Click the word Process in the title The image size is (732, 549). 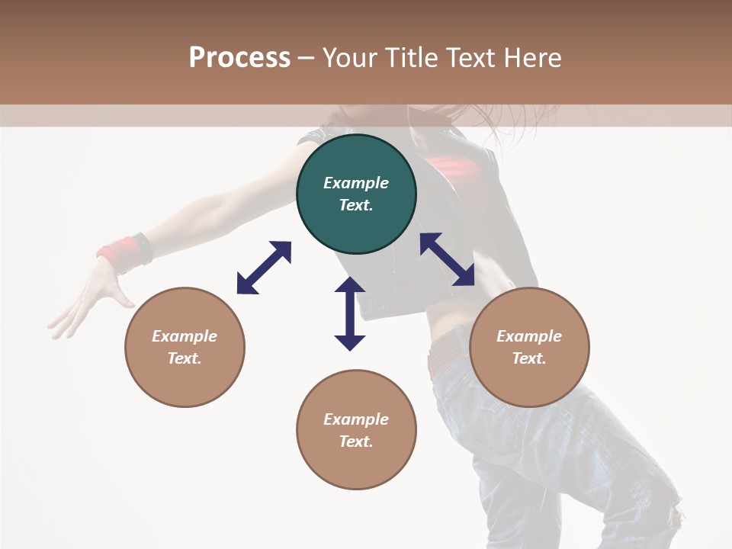[x=239, y=58]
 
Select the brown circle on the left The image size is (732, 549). [x=185, y=381]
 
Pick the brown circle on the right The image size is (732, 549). [x=529, y=381]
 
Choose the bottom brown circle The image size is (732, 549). [x=356, y=466]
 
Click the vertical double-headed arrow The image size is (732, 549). [x=350, y=313]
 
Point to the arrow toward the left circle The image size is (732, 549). [x=264, y=268]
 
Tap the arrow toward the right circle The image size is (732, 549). [x=447, y=259]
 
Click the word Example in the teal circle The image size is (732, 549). [x=356, y=183]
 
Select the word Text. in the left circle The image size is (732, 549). [x=185, y=358]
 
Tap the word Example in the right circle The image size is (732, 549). [x=529, y=336]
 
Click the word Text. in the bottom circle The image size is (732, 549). [x=356, y=441]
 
